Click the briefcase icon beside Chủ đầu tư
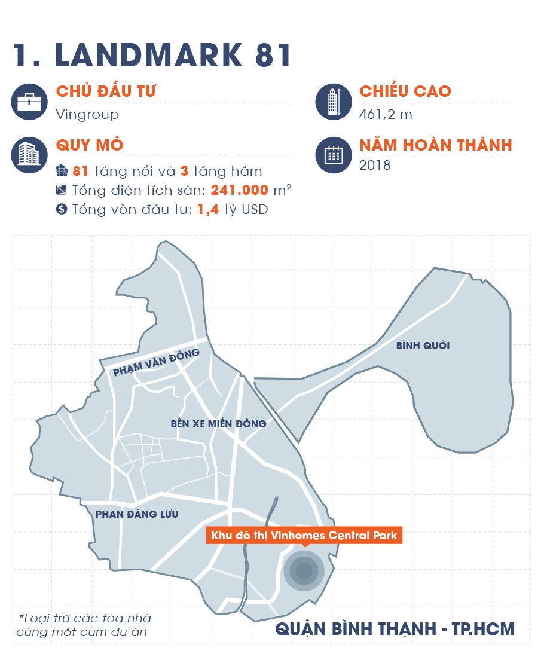[x=29, y=102]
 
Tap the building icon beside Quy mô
[x=29, y=154]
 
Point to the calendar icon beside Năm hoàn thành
[x=333, y=155]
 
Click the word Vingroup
[x=87, y=114]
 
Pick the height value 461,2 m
[x=386, y=114]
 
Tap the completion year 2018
[x=375, y=165]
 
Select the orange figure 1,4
[x=207, y=210]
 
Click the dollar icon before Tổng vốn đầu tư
[x=61, y=210]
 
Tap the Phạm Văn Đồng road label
[x=155, y=363]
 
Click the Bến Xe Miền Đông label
[x=218, y=424]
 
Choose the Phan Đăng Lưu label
[x=136, y=514]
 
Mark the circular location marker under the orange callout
[x=304, y=571]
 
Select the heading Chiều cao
[x=405, y=91]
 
